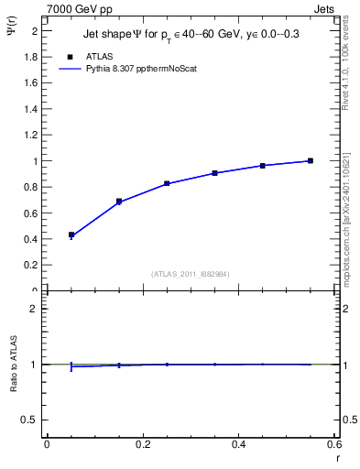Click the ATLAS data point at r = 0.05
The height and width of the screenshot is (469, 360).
point(71,235)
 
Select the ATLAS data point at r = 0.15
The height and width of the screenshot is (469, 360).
point(119,201)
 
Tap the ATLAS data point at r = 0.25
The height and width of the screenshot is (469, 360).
point(167,183)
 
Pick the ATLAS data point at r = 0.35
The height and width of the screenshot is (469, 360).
point(214,172)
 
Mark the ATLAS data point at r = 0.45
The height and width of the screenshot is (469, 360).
point(263,166)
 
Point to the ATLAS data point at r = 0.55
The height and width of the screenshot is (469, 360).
point(311,161)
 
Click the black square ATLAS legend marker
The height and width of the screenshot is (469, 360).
point(71,56)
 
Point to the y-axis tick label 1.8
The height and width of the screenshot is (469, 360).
point(29,57)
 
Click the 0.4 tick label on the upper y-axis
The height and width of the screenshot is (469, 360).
point(29,239)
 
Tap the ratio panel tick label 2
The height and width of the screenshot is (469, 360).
point(35,309)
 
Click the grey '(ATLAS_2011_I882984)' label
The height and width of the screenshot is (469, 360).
point(191,273)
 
